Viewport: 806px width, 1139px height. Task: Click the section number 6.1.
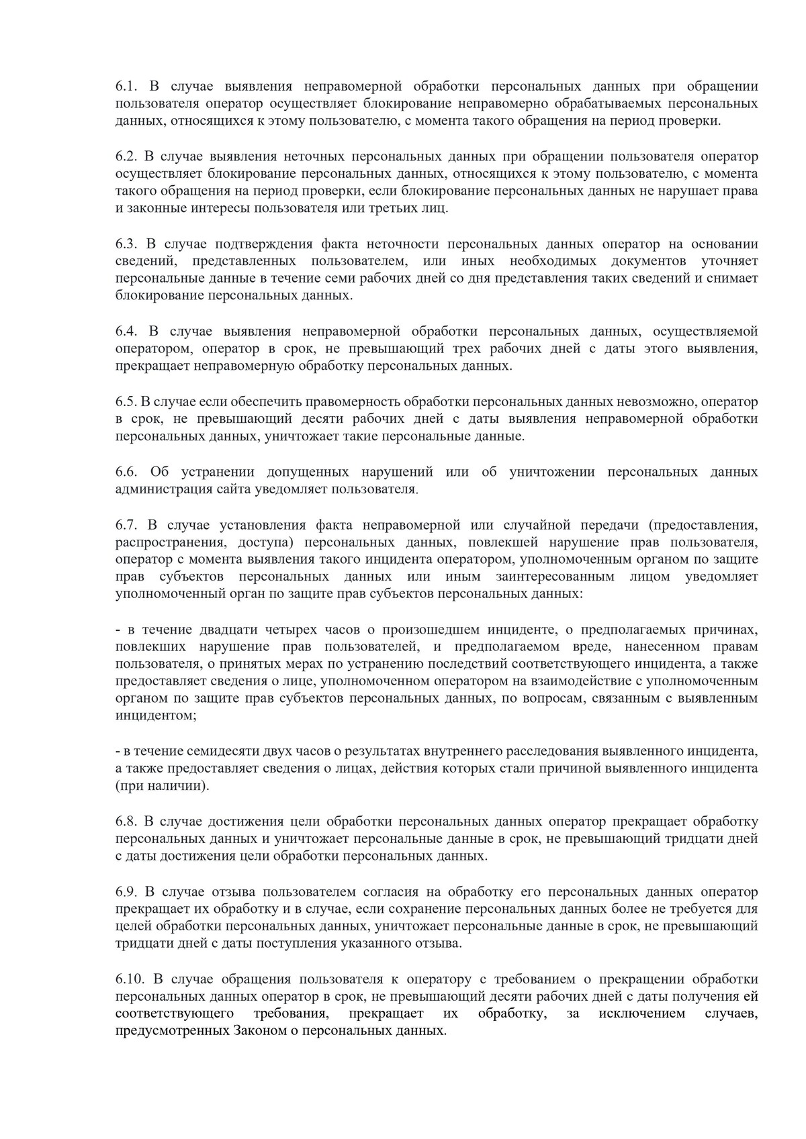point(126,87)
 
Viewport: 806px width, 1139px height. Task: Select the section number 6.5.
point(126,402)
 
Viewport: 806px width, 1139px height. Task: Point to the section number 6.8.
point(126,822)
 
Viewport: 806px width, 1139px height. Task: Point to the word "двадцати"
point(228,630)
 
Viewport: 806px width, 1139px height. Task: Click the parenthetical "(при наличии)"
point(162,785)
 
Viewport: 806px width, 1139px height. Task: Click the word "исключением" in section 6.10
point(641,1013)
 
